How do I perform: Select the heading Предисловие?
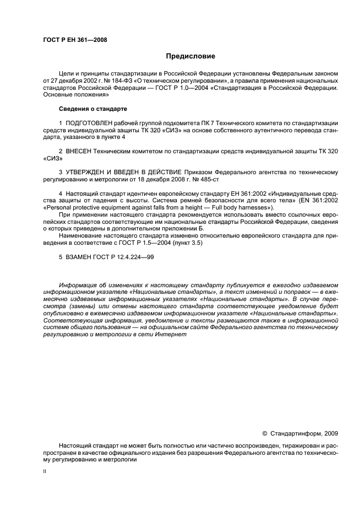point(191,56)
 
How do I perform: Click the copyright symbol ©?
point(264,434)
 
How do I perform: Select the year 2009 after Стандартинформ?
point(329,434)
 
